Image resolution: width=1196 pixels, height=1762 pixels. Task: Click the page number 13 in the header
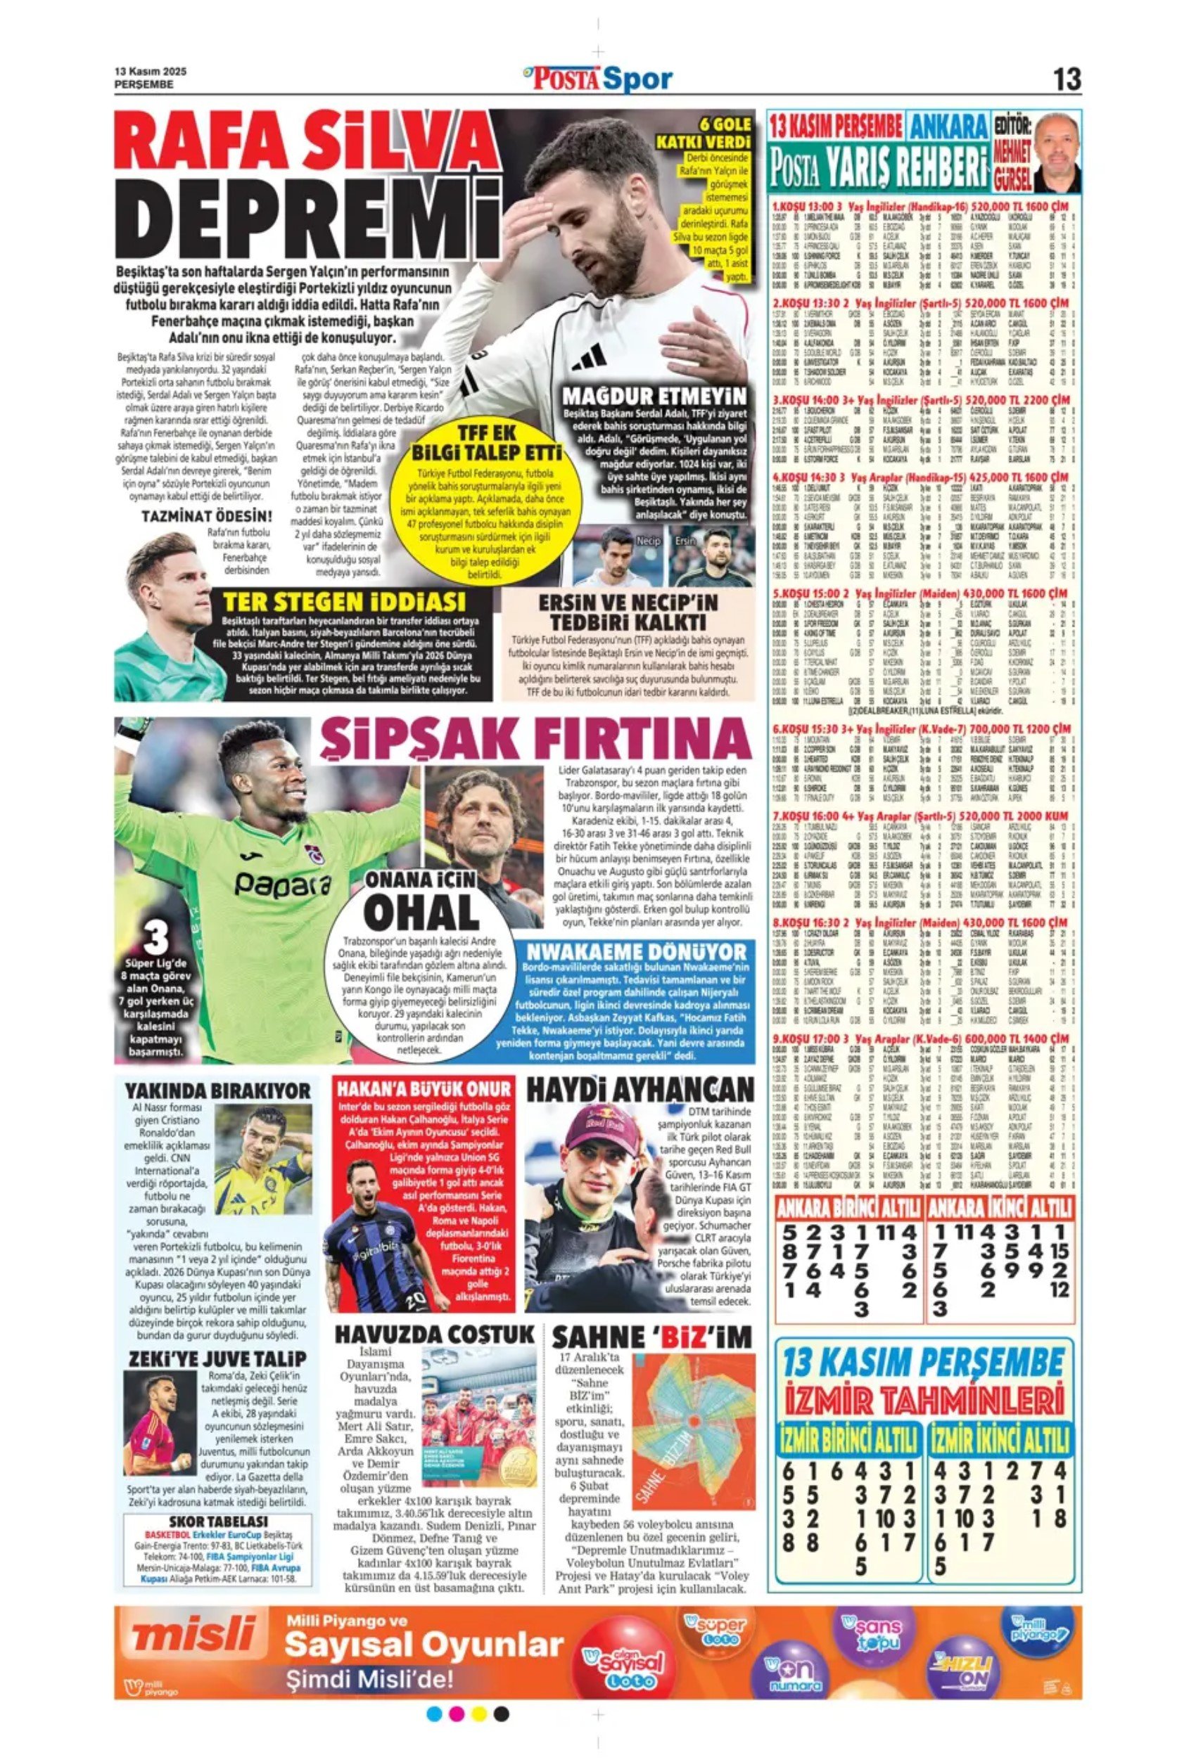[x=1067, y=79]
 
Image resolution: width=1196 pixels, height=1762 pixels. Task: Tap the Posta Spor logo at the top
[x=597, y=78]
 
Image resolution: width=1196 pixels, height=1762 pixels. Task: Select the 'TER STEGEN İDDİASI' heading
[x=343, y=602]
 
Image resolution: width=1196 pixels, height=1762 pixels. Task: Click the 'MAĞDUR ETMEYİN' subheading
[x=654, y=396]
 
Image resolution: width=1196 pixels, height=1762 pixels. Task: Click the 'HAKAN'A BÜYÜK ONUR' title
[x=424, y=1088]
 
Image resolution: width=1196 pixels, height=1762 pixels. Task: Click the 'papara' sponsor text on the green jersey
[x=281, y=882]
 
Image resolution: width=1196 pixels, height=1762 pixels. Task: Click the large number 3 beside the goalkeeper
[x=155, y=939]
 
